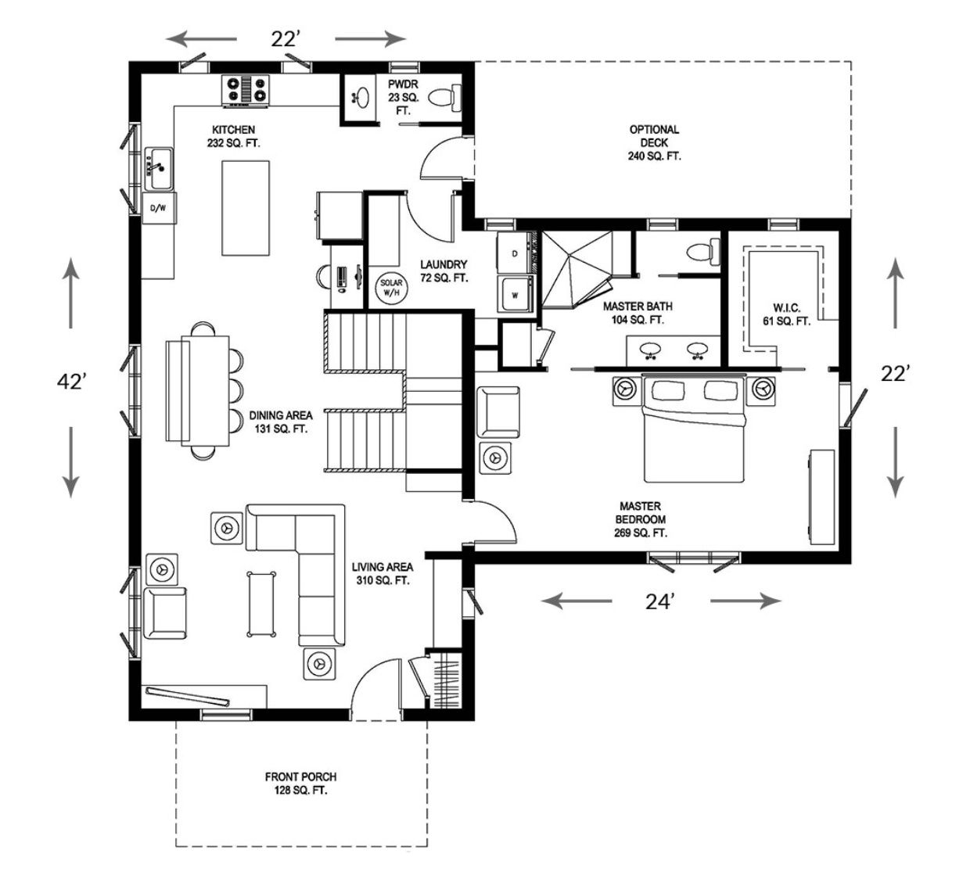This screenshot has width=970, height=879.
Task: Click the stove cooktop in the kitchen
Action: tap(246, 90)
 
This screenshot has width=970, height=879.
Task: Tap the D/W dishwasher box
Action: tap(159, 208)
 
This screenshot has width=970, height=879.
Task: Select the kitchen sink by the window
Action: tap(158, 168)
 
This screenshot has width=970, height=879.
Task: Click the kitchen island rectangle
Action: tap(246, 208)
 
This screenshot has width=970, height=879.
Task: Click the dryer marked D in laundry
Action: tap(516, 253)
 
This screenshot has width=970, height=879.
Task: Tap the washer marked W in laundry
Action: tap(516, 295)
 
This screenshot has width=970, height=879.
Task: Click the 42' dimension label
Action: tap(72, 382)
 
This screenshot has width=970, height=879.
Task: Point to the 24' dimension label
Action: tap(660, 601)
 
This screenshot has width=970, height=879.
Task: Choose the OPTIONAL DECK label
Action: tap(654, 142)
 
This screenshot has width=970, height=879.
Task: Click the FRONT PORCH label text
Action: tap(300, 777)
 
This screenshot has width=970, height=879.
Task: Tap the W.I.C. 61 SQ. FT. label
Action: tap(787, 314)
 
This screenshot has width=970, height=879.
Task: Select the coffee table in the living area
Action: tap(261, 604)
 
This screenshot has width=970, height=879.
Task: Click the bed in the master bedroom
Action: tap(693, 429)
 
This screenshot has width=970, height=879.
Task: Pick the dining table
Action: tap(203, 391)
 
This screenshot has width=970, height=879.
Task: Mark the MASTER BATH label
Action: tap(638, 313)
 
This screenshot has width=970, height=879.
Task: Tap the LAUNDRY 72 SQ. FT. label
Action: tap(444, 271)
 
